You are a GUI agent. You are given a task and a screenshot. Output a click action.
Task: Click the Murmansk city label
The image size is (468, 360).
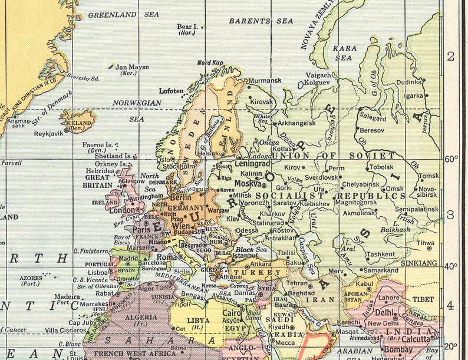click(265, 80)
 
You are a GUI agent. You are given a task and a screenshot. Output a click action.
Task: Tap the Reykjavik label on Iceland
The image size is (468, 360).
click(49, 134)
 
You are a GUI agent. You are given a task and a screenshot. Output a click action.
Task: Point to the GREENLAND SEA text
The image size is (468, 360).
click(115, 14)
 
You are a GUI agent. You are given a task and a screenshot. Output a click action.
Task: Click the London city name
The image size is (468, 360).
click(122, 210)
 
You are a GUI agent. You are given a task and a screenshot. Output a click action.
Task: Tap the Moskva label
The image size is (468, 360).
click(248, 183)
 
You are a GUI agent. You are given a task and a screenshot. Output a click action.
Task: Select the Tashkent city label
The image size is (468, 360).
click(380, 255)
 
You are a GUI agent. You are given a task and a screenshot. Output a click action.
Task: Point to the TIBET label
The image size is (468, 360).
click(423, 299)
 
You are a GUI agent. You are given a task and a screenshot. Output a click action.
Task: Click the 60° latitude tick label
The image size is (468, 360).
click(451, 158)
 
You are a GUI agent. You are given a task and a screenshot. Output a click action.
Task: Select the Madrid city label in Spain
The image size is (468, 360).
click(128, 258)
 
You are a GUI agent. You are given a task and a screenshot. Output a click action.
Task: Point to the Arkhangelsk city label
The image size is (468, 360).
click(296, 123)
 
